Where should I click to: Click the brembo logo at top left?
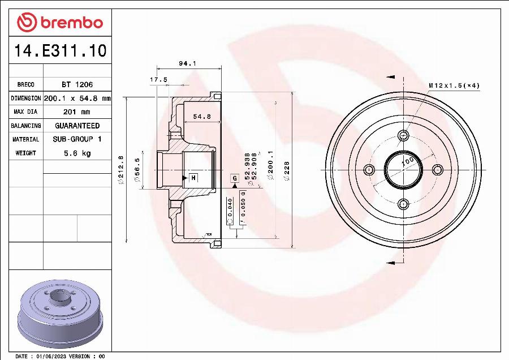pos(60,23)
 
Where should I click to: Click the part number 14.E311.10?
pos(60,52)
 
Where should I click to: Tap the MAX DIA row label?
pos(25,112)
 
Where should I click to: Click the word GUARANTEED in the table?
pos(77,126)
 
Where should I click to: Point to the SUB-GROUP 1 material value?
pos(77,139)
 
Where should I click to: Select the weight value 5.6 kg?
pos(77,153)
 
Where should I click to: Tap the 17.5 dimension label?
pos(158,80)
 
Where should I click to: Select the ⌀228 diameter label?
pos(287,170)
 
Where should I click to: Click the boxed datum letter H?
pos(193,178)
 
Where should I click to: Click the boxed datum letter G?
pos(234,179)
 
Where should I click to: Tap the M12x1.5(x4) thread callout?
pos(454,85)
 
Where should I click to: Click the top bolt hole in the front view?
pos(403,135)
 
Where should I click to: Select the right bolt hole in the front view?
pos(437,169)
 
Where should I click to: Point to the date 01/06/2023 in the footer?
pos(52,356)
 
